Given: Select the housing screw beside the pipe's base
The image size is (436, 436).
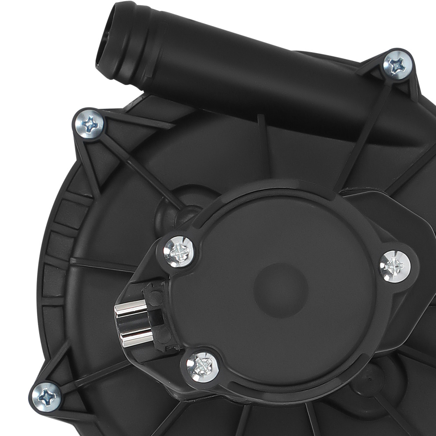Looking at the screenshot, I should point(397,65).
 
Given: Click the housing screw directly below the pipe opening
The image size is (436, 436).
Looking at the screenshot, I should point(89,124).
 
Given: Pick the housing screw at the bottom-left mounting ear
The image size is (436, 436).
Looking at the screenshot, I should point(46,397).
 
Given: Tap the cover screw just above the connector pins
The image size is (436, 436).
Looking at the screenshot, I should point(179,252).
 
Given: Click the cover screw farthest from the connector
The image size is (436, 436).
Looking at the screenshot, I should point(395,266).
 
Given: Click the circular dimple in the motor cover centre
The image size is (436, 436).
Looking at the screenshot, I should point(281,290).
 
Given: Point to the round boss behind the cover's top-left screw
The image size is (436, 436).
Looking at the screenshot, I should point(174,209).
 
